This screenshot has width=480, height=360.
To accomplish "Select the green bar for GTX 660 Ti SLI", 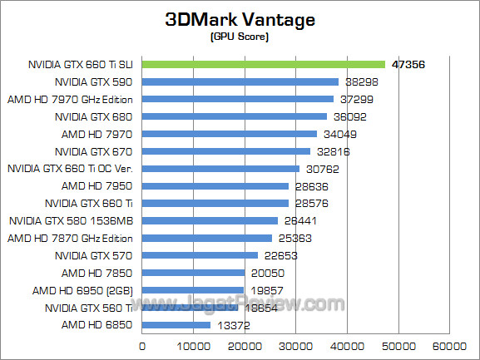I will coord(264,64).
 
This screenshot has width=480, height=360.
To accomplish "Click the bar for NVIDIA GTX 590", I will coord(240,81).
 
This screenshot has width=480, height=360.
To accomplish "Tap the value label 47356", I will coord(408,65).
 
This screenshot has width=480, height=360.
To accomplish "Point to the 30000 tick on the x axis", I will coord(296,345).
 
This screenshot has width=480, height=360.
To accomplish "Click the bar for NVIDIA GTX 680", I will coord(235,116).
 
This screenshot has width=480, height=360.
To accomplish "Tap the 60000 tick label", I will coord(450,345).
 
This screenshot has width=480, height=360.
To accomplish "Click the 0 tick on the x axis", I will coord(142,345).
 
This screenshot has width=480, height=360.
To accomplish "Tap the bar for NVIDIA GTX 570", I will coord(200,255).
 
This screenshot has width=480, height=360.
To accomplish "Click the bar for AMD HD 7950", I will coord(215,185).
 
